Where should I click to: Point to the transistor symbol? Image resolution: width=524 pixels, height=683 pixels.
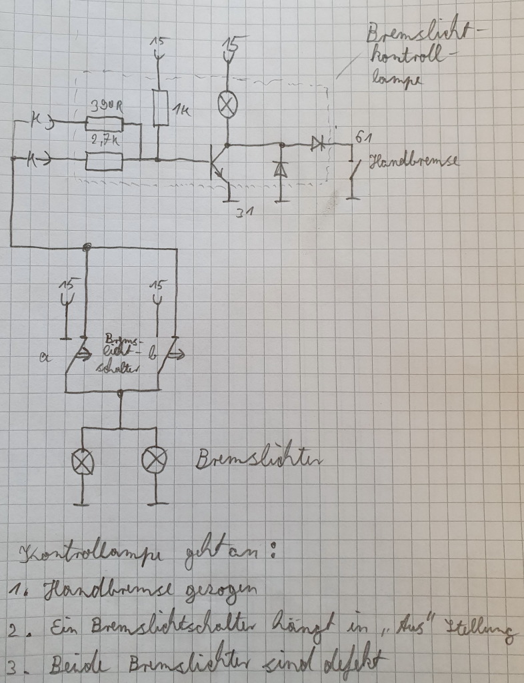[218, 161]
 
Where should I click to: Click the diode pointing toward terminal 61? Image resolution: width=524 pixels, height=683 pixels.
[316, 143]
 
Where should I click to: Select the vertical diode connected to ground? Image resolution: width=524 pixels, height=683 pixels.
[281, 169]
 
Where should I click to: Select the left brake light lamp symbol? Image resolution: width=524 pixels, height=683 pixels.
[83, 460]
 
